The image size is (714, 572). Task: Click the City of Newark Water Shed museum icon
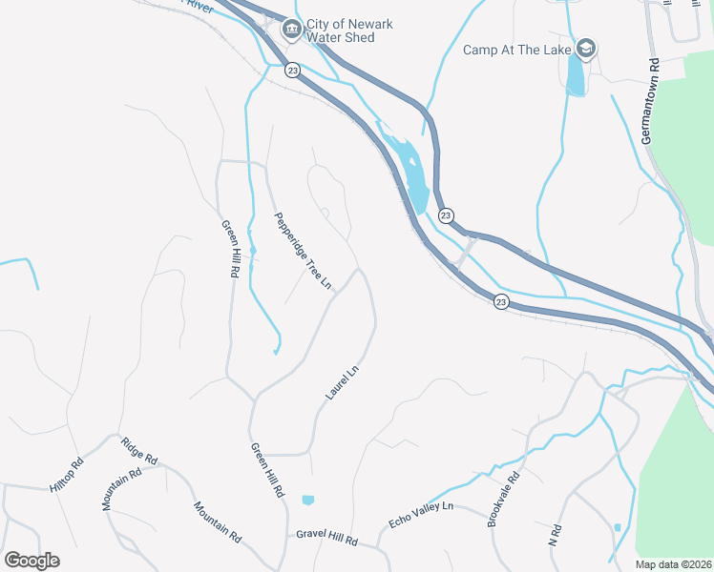(291, 31)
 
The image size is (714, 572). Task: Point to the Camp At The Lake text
(517, 50)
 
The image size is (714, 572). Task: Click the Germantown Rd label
(651, 104)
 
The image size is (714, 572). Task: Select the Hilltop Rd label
(67, 474)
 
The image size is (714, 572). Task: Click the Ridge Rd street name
(137, 451)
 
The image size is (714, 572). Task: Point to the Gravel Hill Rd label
(326, 541)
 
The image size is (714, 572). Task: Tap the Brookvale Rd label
(503, 499)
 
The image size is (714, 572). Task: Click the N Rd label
(553, 534)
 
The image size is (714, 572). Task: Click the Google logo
(31, 561)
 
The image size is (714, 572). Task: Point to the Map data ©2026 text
(672, 564)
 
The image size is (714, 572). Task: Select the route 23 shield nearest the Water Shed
(292, 70)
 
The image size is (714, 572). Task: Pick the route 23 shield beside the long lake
(446, 216)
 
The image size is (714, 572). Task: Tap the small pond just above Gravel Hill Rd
(307, 500)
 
